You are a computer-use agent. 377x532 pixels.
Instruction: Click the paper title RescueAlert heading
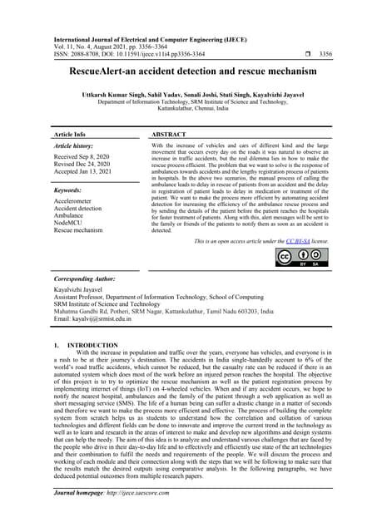187,73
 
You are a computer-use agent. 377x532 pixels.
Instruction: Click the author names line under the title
187,97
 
